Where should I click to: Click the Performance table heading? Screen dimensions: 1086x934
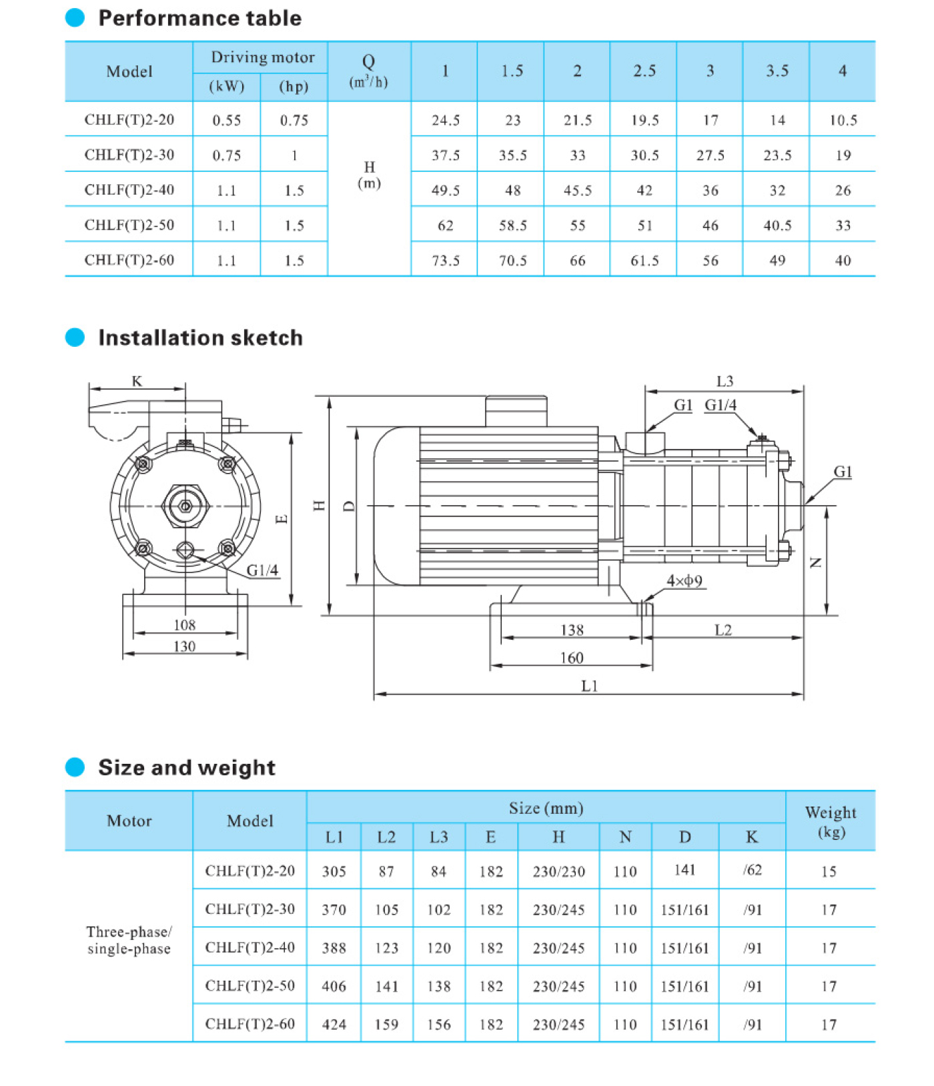[x=199, y=18]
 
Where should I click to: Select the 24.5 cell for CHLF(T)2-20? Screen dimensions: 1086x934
[x=445, y=120]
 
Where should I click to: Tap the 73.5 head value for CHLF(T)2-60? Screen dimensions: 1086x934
[x=445, y=261]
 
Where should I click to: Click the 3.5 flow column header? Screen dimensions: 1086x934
[x=777, y=71]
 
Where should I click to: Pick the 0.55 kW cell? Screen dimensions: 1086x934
[x=226, y=121]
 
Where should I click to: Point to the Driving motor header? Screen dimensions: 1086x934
[x=262, y=57]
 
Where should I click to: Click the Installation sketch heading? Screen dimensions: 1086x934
[x=200, y=338]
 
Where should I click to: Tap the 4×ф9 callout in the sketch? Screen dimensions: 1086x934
[x=684, y=581]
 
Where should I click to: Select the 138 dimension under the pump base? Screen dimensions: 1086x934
[x=572, y=630]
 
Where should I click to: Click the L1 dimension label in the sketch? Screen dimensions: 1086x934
[x=589, y=686]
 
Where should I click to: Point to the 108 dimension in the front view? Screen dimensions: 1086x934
[x=185, y=625]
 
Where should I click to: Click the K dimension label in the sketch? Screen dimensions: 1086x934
[x=137, y=381]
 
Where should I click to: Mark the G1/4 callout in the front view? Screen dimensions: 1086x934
[x=262, y=570]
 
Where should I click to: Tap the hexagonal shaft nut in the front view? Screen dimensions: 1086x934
[x=185, y=506]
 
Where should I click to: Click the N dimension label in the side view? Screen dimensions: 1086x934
[x=815, y=562]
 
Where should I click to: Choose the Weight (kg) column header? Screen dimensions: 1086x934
[x=830, y=821]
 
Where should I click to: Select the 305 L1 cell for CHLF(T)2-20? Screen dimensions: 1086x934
[x=334, y=871]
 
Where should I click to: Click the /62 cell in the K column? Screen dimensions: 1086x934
[x=752, y=870]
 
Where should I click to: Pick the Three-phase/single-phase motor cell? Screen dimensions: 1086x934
[x=129, y=941]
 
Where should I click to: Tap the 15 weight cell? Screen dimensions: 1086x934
[x=829, y=871]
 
